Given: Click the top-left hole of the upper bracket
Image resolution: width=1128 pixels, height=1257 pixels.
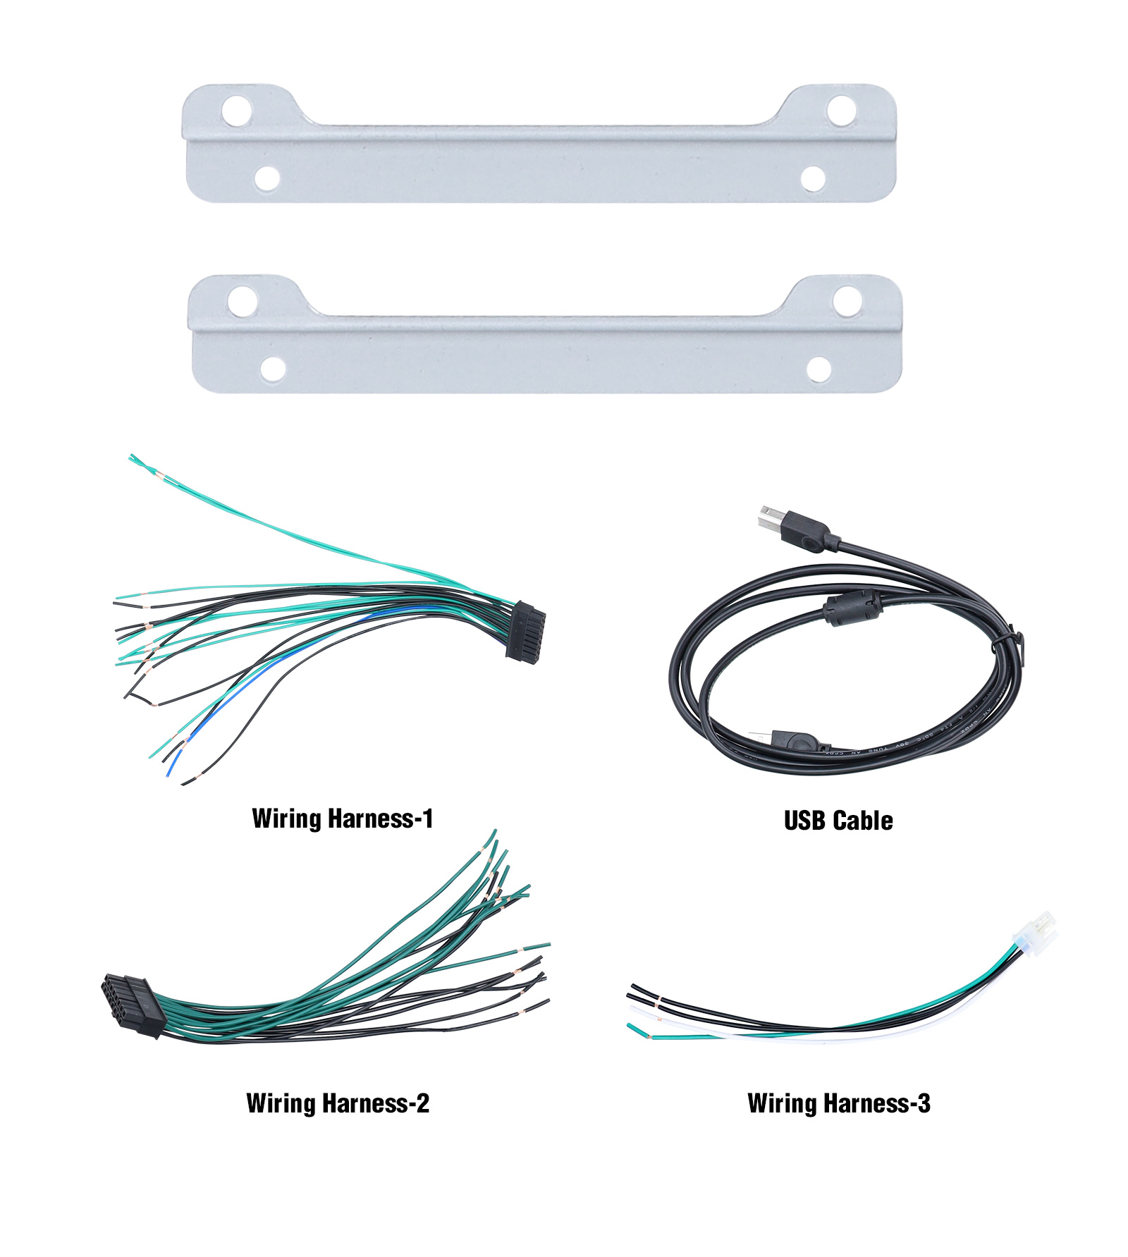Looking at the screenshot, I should point(237,111).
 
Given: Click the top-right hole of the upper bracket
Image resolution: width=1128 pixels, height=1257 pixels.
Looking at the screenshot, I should point(841,110).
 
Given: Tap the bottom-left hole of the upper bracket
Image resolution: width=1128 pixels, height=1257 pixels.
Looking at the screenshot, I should point(267,178).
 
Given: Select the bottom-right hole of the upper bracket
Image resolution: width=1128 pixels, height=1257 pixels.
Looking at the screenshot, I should point(814,178).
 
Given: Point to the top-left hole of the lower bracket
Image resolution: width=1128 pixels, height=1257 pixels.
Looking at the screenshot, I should point(242,301).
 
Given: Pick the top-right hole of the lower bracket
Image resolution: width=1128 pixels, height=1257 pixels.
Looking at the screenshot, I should point(847,300).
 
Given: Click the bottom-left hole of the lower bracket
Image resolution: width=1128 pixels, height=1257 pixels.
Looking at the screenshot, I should point(273,368).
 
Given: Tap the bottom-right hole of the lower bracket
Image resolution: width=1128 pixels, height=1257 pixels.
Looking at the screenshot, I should point(819,368).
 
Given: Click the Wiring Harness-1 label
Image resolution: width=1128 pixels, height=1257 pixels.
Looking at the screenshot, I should point(342,818).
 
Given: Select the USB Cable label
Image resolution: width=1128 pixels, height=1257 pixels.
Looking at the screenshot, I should point(838,821).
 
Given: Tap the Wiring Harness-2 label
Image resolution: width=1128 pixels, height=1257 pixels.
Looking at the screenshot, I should point(338,1103).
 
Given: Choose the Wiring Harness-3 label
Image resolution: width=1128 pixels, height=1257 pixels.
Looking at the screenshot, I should point(838,1103).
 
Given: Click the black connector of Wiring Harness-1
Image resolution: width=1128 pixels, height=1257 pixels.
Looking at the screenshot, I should point(526,631).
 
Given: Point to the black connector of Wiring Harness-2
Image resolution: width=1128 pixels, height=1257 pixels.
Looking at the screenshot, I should point(133,1005).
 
